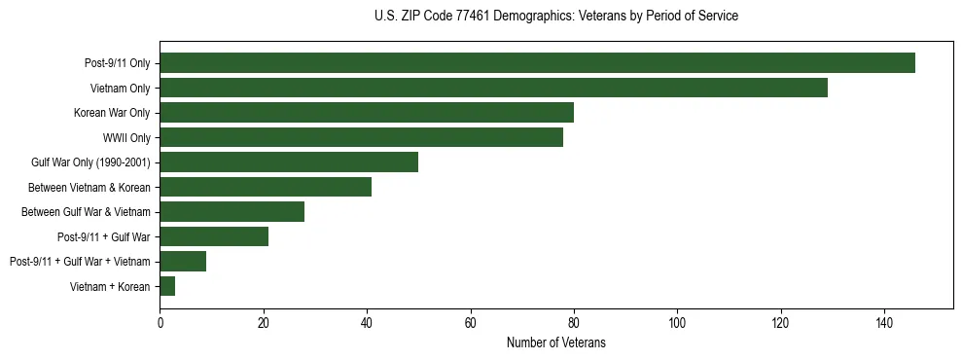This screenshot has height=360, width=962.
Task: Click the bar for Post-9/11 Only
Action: tap(537, 63)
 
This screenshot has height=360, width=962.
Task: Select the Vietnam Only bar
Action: tap(493, 88)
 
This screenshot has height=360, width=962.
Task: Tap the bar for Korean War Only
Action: tap(367, 113)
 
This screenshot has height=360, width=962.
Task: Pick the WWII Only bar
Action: tap(361, 137)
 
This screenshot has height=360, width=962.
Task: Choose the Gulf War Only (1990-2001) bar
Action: tap(289, 162)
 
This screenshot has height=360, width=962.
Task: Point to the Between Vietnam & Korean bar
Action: tap(266, 187)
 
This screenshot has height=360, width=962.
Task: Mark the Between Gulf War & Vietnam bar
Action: tap(232, 212)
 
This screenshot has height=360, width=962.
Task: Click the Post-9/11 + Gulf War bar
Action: tap(214, 236)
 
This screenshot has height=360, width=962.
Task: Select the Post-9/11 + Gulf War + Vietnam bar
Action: tap(183, 262)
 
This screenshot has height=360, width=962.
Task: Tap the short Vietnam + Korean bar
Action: tap(167, 286)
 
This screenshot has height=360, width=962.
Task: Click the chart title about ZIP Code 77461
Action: tap(555, 17)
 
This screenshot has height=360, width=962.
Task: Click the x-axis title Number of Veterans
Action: tap(555, 342)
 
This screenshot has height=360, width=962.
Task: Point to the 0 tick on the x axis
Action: tap(160, 323)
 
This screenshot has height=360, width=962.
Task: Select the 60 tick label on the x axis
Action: tap(470, 323)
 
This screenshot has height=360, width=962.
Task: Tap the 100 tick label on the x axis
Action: tap(677, 323)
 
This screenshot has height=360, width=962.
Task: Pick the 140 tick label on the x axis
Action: tap(884, 323)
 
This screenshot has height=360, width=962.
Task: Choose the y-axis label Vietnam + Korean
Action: tap(110, 286)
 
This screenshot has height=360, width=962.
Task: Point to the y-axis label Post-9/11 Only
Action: tap(118, 63)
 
